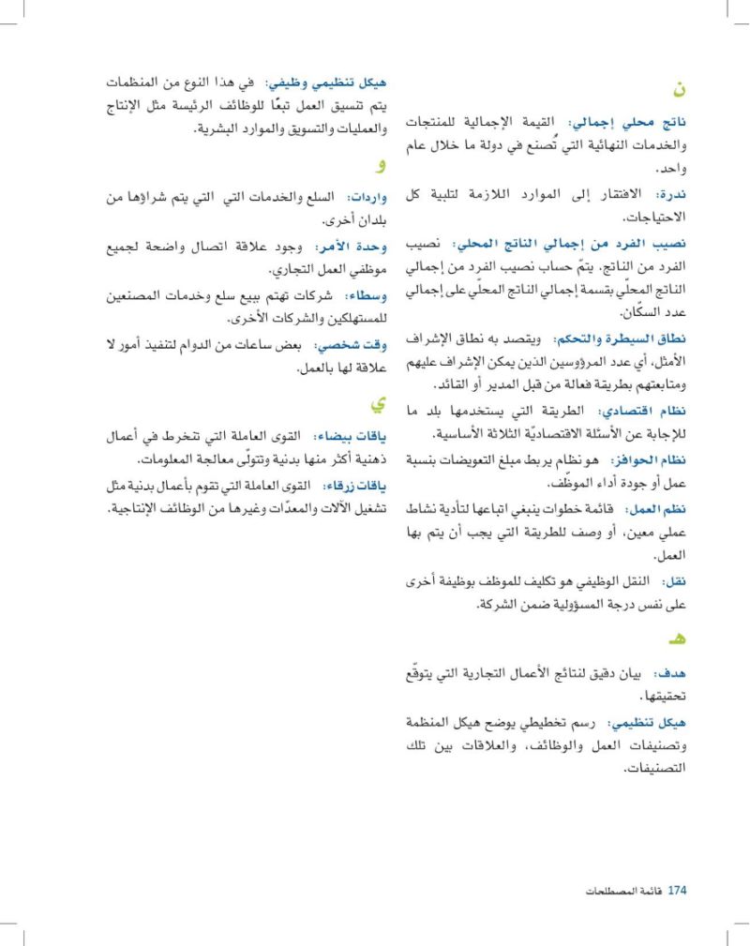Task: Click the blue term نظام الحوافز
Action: point(649,459)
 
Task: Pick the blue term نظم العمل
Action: point(656,508)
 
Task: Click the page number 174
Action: point(677,891)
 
